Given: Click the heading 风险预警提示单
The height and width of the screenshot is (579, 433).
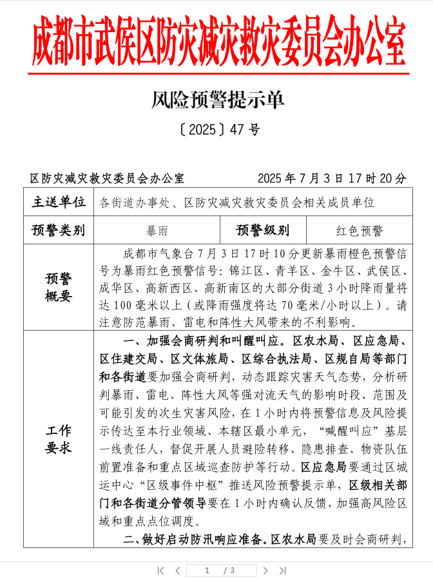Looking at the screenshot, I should click(218, 100).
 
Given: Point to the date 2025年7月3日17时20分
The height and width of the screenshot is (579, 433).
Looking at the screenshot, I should click(332, 178).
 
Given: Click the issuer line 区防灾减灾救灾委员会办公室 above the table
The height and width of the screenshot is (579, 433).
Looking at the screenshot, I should click(107, 178).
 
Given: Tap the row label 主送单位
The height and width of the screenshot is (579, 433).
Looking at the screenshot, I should click(59, 202).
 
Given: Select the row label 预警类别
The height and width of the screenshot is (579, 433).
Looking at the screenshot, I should click(59, 230).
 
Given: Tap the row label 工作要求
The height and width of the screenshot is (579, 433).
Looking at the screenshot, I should click(59, 438).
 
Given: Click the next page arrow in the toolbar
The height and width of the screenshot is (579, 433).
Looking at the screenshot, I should click(265, 571).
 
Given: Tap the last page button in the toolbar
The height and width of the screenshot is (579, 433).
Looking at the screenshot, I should click(282, 571).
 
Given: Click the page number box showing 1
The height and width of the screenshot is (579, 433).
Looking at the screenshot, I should click(207, 571).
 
